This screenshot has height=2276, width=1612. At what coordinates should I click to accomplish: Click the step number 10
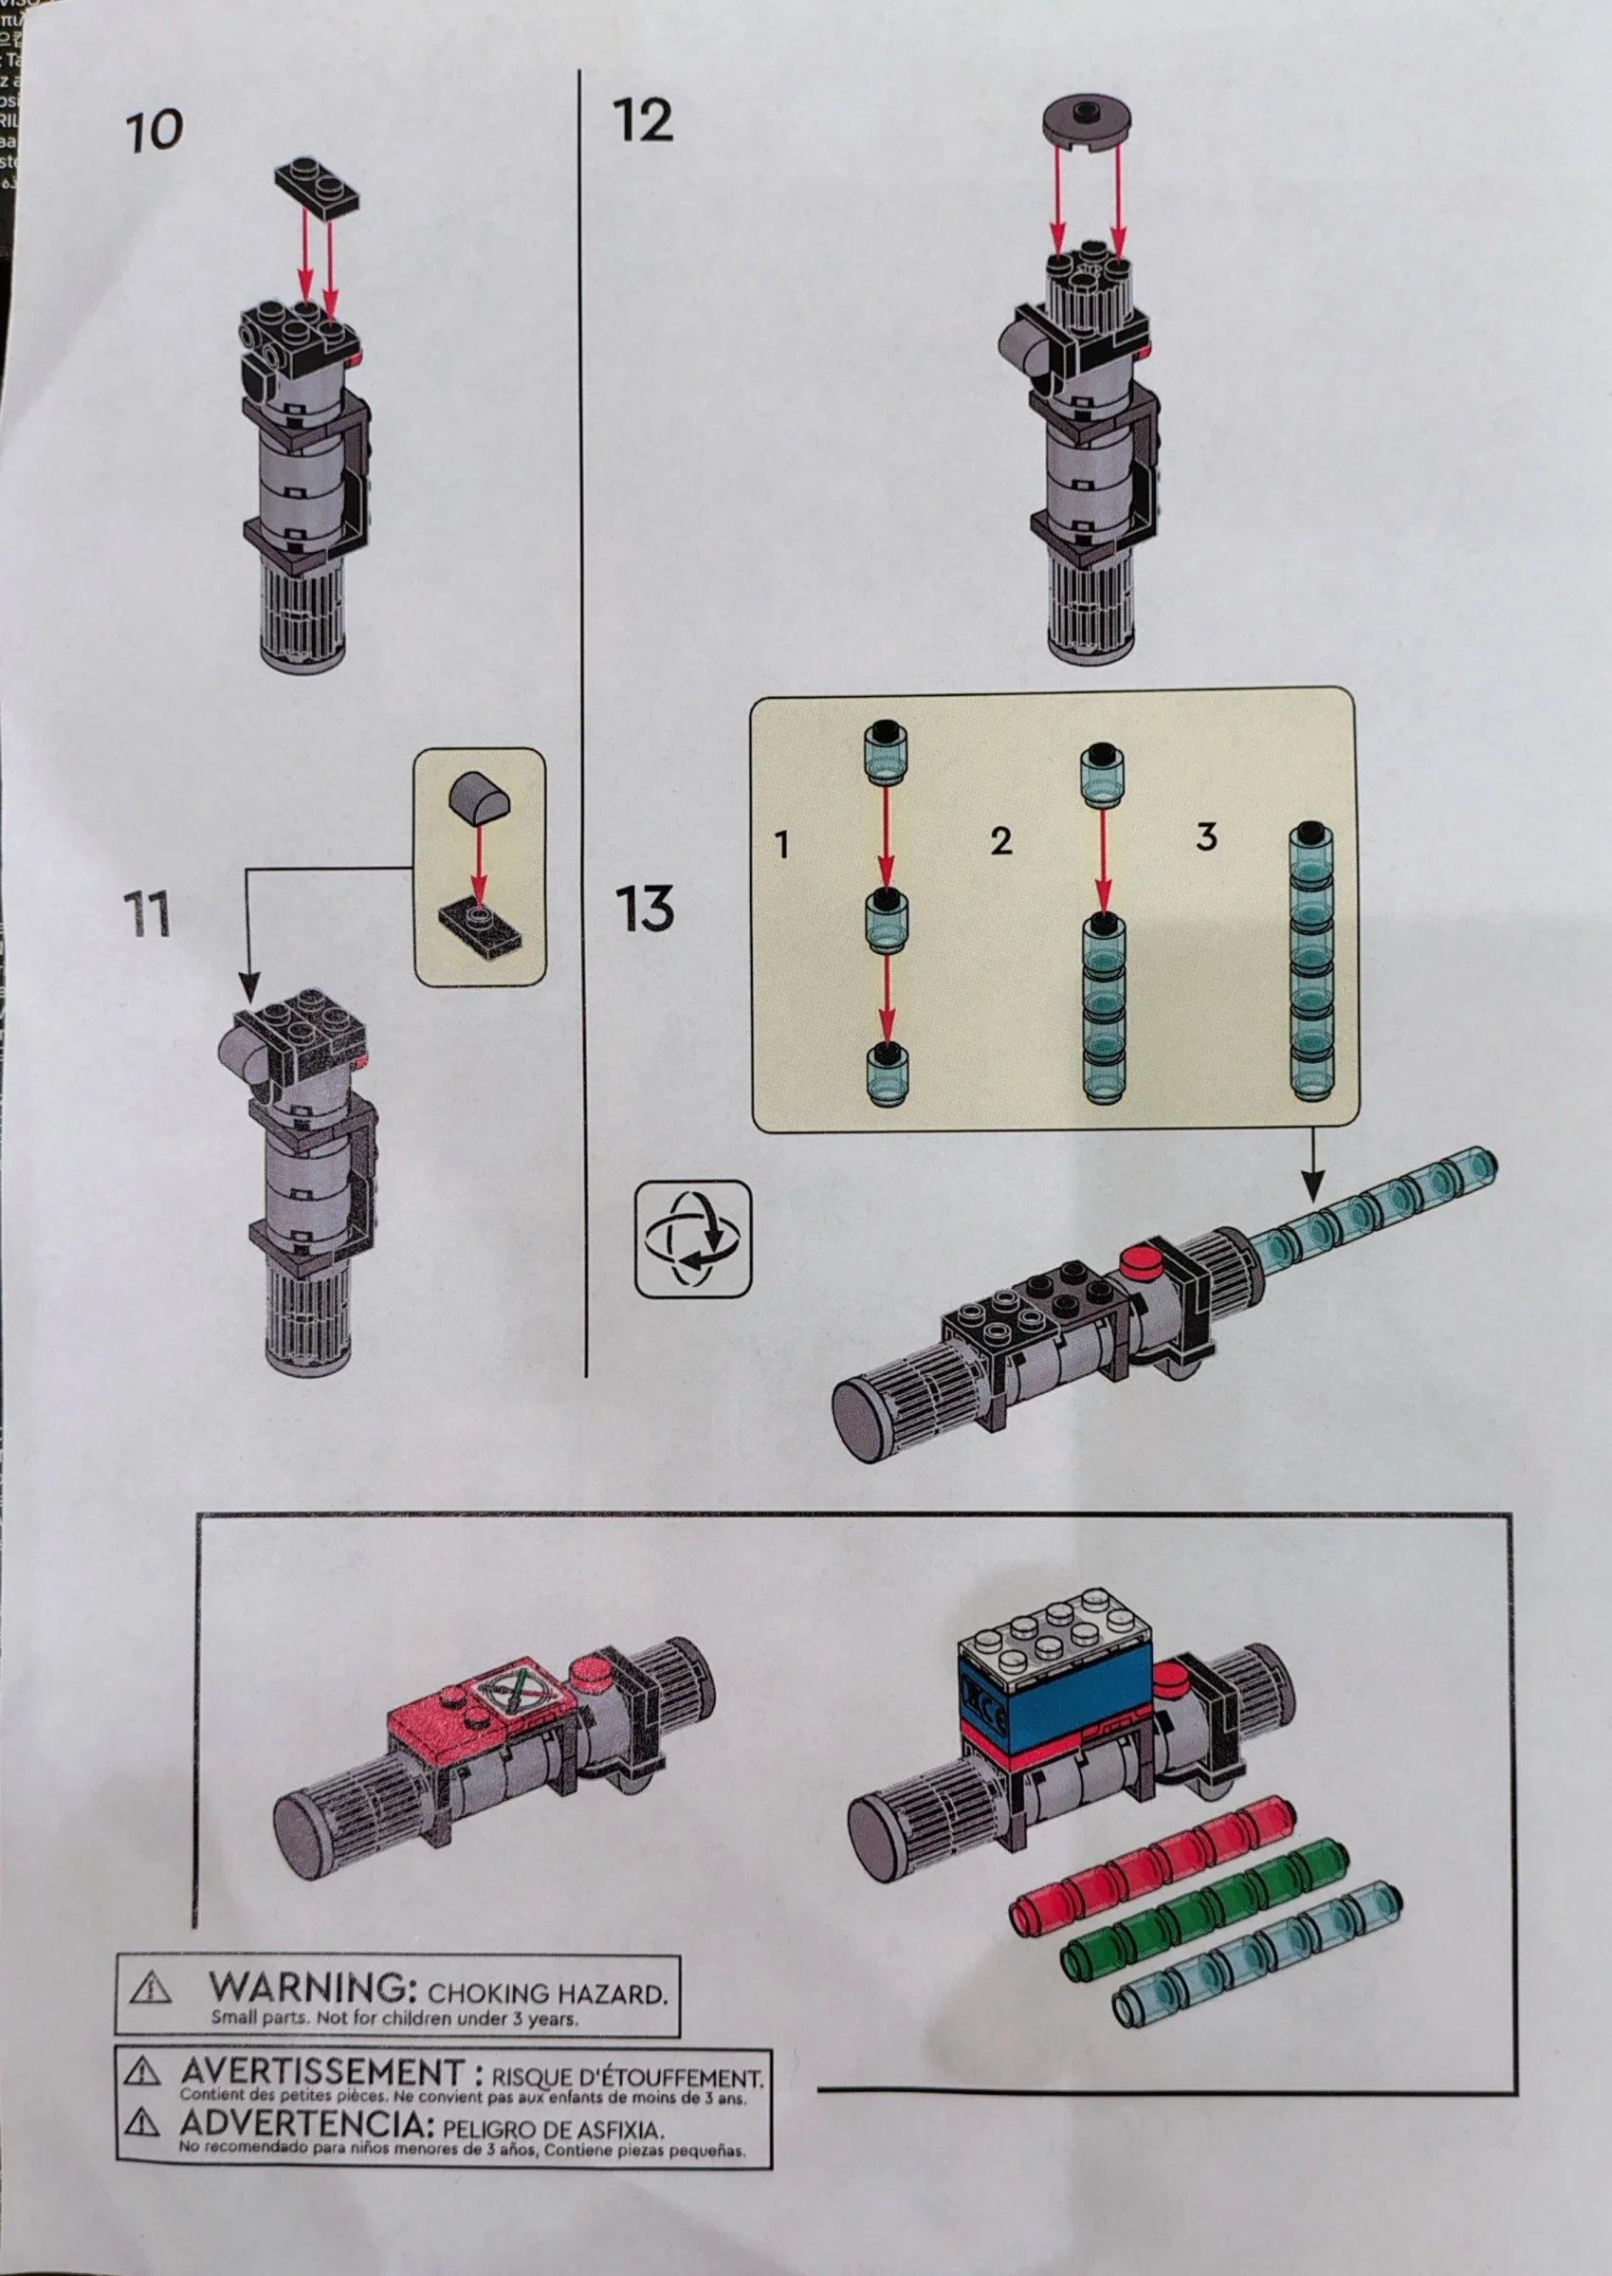pyautogui.click(x=155, y=131)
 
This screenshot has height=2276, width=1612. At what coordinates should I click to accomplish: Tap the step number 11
pyautogui.click(x=147, y=914)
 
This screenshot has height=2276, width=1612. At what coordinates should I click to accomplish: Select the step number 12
pyautogui.click(x=643, y=121)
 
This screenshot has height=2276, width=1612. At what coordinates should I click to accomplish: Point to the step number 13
pyautogui.click(x=645, y=909)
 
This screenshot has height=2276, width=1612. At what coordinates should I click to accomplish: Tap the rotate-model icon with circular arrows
pyautogui.click(x=693, y=1239)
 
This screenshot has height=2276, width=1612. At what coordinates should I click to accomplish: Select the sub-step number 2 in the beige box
pyautogui.click(x=1000, y=842)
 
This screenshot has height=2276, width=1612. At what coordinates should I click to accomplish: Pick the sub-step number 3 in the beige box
pyautogui.click(x=1206, y=836)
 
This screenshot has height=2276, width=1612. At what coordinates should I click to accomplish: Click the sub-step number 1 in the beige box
pyautogui.click(x=782, y=845)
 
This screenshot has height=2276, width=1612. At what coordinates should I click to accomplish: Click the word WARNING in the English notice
pyautogui.click(x=308, y=1987)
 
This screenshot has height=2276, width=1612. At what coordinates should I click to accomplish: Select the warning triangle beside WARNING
pyautogui.click(x=151, y=1987)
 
